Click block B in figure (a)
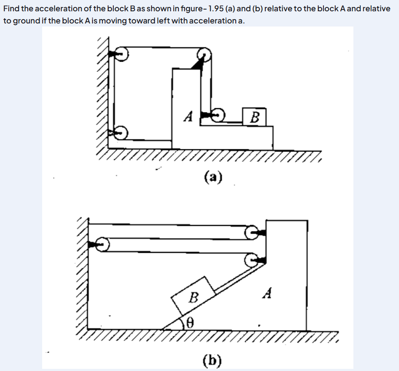pos(254,117)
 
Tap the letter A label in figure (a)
pos(188,116)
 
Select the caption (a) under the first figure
pos(213,177)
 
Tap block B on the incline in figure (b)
pos(193,296)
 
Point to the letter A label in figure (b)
pos(267,293)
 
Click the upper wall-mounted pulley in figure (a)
pos(121,54)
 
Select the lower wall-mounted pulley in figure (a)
pos(120,132)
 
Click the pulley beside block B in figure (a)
pos(218,115)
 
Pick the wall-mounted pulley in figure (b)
pos(102,245)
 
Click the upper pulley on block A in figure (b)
pos(251,232)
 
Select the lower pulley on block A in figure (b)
pos(251,260)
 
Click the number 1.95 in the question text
pos(216,8)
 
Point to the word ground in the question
pos(26,21)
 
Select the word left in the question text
pos(163,20)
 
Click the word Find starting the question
pos(11,8)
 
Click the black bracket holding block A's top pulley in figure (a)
pos(198,64)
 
